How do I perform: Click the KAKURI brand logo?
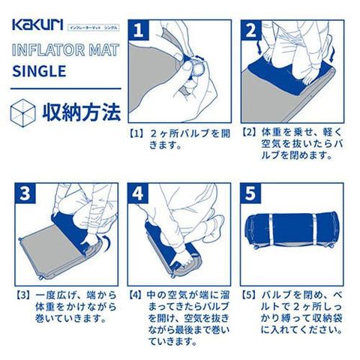pos(37,25)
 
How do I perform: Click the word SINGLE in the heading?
pos(39,71)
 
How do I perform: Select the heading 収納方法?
pos(82,112)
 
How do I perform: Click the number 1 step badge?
pos(138,30)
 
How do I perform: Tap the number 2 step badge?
pos(251,30)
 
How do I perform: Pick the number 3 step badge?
pos(25,193)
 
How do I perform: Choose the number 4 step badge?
pos(138,193)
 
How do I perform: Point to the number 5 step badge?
pos(250,193)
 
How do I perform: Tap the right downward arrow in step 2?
pos(332,53)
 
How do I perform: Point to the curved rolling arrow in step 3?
pos(106,243)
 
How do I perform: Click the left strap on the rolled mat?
pos(271,229)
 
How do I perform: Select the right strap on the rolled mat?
pos(314,229)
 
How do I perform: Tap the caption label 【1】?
pos(137,133)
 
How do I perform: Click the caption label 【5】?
pos(250,295)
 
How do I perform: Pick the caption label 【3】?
pos(24,295)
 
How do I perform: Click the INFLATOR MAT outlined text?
pos(65,49)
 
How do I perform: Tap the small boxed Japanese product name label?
pos(94,27)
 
